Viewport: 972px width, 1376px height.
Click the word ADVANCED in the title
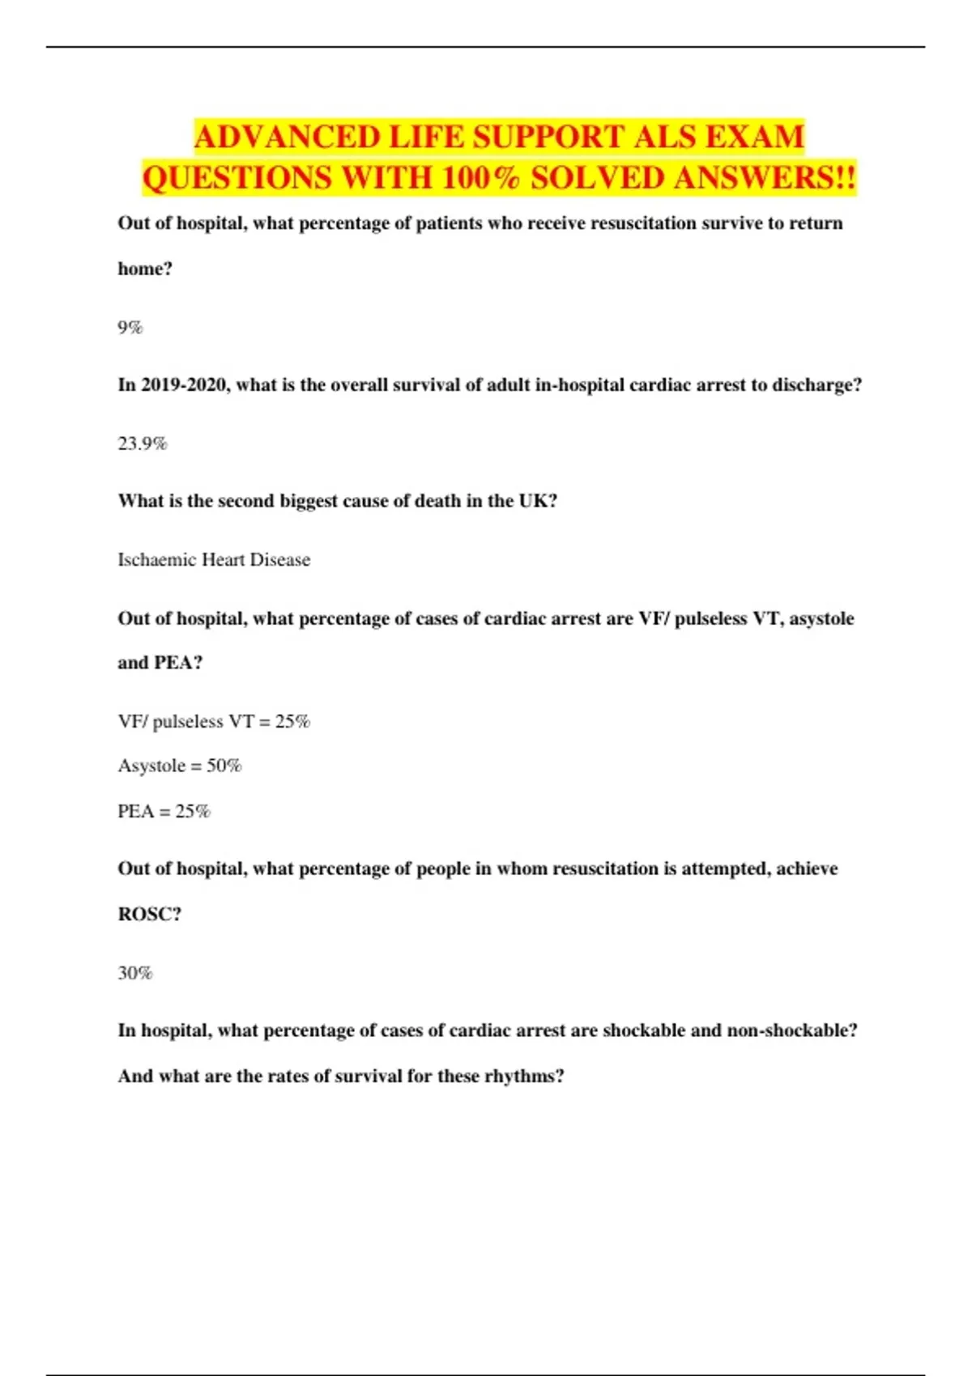click(x=288, y=137)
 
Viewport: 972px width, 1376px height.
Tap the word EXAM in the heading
click(x=754, y=137)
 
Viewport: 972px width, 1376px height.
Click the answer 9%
click(x=130, y=327)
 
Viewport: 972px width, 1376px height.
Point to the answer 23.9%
click(x=143, y=444)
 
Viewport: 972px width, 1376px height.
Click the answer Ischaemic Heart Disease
click(x=214, y=559)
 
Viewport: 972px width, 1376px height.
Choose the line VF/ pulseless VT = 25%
click(x=214, y=721)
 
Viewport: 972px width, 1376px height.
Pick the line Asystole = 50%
click(x=180, y=766)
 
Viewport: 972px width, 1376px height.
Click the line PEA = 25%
click(x=164, y=811)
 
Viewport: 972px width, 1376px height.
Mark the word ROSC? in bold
click(x=150, y=914)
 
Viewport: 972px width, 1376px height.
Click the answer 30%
click(x=135, y=973)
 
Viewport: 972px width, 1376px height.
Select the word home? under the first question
click(x=145, y=269)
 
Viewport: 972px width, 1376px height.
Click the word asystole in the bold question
click(x=821, y=618)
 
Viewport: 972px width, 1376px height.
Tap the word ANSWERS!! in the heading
click(x=764, y=178)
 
